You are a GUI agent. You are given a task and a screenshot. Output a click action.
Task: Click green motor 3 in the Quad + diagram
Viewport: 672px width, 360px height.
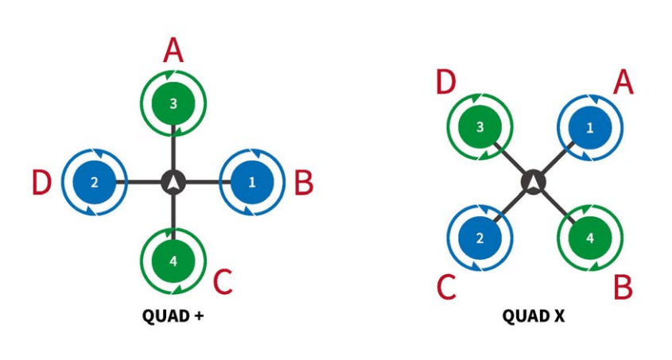173,103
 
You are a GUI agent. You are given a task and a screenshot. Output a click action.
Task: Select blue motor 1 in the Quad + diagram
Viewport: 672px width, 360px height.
252,182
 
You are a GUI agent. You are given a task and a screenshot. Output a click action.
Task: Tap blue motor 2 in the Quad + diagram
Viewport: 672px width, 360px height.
94,182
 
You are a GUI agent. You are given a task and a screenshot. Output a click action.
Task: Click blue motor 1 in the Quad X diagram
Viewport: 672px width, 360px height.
589,127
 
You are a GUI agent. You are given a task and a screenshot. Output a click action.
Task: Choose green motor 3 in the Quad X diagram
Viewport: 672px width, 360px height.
479,127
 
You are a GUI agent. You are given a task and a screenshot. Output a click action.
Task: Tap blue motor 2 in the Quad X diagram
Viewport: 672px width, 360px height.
479,238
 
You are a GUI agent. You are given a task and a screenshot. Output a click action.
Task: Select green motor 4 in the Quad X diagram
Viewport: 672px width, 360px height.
589,238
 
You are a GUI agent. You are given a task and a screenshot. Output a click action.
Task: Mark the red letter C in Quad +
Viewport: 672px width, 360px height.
223,281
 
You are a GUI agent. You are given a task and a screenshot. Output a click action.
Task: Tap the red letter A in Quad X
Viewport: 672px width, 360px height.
623,82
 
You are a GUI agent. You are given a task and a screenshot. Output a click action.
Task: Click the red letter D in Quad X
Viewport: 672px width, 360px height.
446,82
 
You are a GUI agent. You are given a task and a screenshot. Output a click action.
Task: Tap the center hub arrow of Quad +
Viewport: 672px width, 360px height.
173,182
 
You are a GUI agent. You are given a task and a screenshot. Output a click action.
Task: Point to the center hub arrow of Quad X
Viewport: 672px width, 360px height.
534,183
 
